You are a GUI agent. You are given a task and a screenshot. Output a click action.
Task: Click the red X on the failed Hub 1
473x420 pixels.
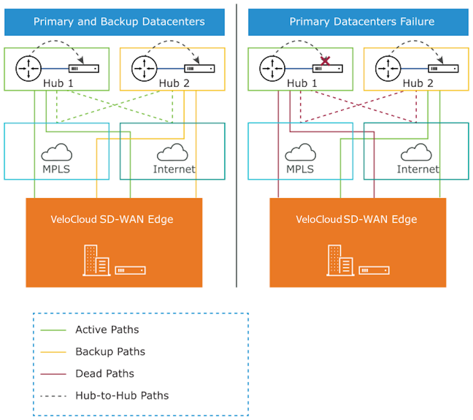325,61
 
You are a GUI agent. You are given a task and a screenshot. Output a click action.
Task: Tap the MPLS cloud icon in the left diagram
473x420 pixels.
56,152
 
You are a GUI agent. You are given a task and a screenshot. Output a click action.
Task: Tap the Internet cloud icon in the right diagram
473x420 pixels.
417,152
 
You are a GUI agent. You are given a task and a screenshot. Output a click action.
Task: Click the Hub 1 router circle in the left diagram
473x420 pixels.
28,69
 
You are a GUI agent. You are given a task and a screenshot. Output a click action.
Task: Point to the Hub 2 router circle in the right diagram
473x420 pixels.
387,69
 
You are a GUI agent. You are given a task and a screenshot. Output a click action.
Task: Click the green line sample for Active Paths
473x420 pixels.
51,330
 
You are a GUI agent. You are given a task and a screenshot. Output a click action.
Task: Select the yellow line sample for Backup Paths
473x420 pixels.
51,352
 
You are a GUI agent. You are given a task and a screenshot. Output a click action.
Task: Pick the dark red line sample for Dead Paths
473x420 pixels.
51,374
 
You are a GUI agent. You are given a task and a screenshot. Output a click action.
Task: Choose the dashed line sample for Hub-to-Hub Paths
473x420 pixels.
51,396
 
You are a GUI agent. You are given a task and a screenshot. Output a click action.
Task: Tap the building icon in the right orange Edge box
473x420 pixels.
340,260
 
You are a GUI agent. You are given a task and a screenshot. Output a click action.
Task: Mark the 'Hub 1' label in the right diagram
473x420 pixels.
302,83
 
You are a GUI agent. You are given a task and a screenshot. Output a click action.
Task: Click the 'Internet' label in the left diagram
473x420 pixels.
174,169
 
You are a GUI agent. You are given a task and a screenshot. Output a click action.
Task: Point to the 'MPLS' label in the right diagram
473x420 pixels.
300,169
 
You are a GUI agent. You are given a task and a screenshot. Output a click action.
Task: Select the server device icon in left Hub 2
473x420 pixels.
200,69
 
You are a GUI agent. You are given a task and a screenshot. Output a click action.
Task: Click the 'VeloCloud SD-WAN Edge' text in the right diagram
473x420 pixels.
356,219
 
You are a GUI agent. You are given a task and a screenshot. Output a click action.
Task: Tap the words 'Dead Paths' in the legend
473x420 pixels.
105,374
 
